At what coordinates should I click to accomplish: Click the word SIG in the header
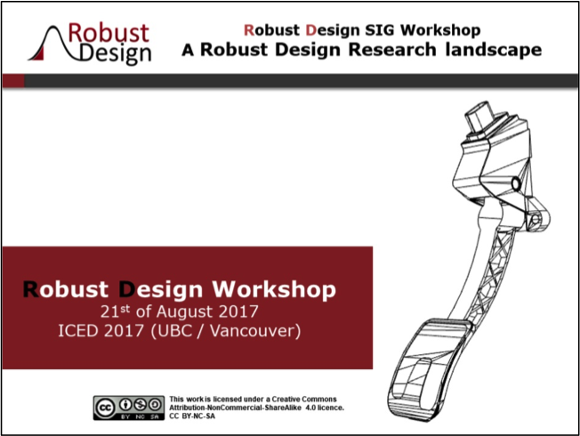[380, 30]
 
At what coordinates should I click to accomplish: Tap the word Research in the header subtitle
[392, 50]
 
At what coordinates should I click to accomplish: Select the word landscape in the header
[494, 50]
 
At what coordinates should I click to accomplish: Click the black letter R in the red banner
[31, 289]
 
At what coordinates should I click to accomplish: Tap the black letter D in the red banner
[127, 289]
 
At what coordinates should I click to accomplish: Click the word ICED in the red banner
[79, 330]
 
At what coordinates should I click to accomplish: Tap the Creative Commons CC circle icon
[105, 408]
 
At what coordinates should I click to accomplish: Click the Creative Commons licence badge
[129, 408]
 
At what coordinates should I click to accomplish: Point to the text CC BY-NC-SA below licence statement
[192, 416]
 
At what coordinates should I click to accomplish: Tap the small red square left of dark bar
[13, 81]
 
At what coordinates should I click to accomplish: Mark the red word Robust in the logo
[109, 33]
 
